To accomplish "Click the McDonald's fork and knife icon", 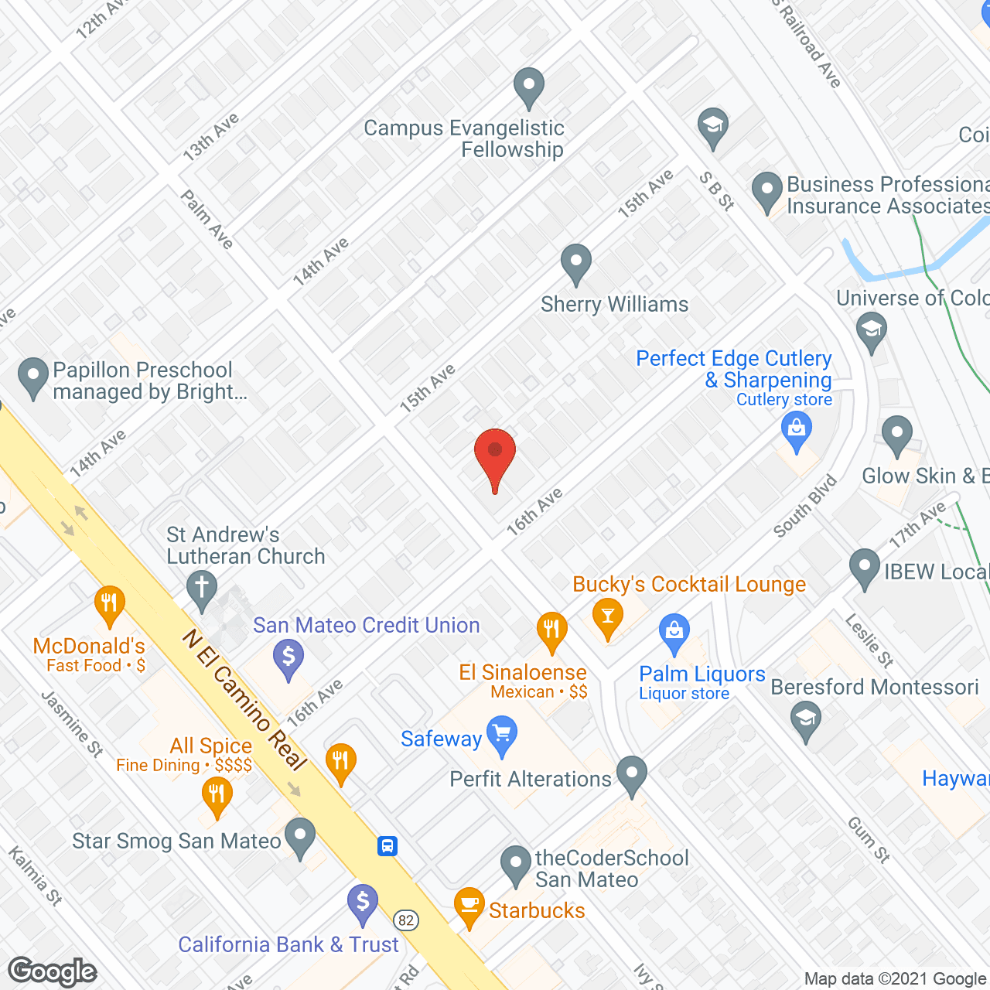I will point(110,605).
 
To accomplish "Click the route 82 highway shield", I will point(406,920).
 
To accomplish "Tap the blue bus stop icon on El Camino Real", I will point(387,845).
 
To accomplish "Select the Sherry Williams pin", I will point(575,263).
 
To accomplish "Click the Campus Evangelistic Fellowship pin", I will point(529,87).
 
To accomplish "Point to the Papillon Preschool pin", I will point(33,377).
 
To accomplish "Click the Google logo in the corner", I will point(53,971).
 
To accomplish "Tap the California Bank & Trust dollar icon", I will point(362,903).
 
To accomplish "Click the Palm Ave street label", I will point(207,220).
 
